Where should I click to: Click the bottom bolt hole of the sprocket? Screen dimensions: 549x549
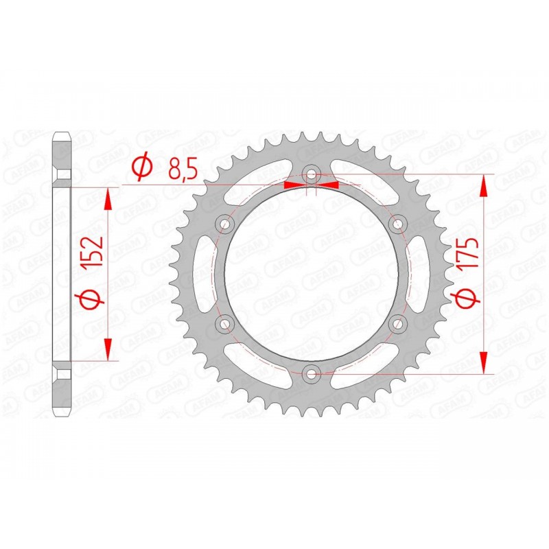pyautogui.click(x=312, y=373)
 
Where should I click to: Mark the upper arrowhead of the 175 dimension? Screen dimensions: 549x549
pyautogui.click(x=485, y=186)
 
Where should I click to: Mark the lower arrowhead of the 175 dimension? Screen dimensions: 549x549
pyautogui.click(x=485, y=363)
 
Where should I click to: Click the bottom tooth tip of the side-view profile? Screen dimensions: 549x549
pyautogui.click(x=61, y=416)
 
